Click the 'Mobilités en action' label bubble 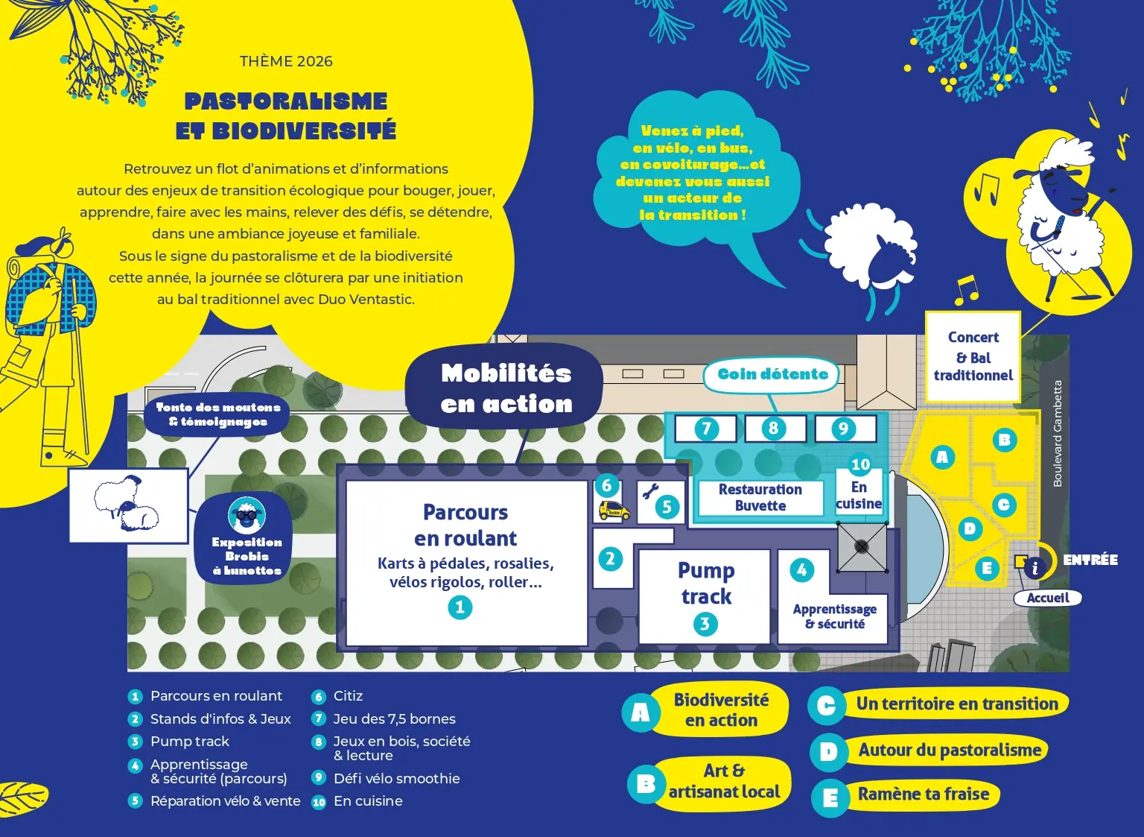point(506,388)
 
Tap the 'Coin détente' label point(772,374)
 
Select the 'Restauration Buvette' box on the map point(760,498)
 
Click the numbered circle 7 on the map point(706,429)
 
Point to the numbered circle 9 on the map point(843,429)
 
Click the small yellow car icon point(614,511)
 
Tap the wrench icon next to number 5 point(650,491)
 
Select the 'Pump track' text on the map point(705,584)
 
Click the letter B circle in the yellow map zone point(1004,440)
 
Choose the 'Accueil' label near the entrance point(1047,598)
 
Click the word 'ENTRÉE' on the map point(1090,560)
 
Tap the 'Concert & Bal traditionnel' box point(973,356)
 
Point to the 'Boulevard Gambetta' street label point(1058,434)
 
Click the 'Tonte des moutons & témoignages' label point(218,414)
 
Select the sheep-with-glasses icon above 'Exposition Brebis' point(247,514)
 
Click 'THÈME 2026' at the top point(286,62)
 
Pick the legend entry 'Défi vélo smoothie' point(396,778)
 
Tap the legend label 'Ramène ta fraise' point(923,795)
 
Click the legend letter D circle point(827,752)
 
